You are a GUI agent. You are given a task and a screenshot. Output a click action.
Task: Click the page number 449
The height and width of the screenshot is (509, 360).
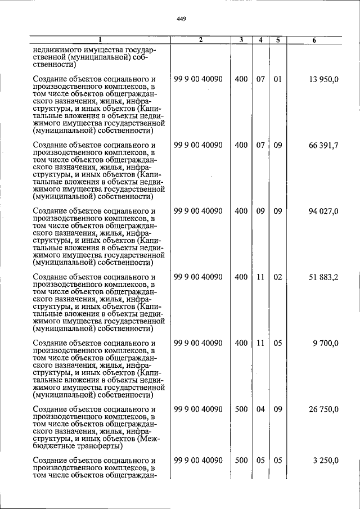click(181, 19)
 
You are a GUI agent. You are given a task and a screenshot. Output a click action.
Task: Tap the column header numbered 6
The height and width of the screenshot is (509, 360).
click(314, 39)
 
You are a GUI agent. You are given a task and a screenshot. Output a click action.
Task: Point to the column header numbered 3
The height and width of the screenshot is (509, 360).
click(241, 39)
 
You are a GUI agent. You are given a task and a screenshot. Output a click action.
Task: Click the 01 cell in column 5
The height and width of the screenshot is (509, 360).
click(277, 79)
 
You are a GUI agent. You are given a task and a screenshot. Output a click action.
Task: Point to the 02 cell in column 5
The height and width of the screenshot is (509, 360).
click(277, 277)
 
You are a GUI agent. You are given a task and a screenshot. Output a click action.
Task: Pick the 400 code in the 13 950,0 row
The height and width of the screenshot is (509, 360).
click(241, 79)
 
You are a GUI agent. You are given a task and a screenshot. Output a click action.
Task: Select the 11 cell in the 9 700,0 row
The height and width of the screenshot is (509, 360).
click(260, 343)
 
